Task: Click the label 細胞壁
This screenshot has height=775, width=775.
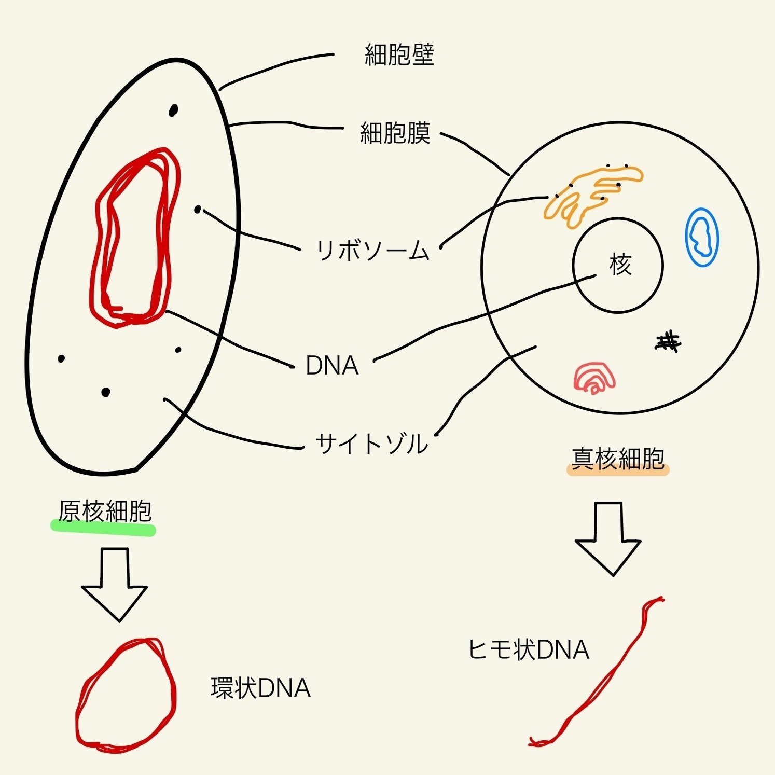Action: [x=399, y=54]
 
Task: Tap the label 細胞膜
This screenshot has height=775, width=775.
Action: [x=395, y=133]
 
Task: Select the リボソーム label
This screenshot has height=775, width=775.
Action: [x=373, y=251]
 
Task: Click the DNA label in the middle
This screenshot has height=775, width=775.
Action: [x=332, y=366]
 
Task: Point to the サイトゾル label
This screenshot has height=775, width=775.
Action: [x=371, y=444]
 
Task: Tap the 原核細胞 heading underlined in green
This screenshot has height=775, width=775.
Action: [x=105, y=511]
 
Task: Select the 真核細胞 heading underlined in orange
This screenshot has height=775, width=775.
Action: [x=618, y=458]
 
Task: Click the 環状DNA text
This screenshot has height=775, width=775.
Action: [x=260, y=688]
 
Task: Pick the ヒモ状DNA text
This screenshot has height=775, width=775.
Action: [x=528, y=649]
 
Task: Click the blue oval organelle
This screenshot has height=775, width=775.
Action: [x=702, y=237]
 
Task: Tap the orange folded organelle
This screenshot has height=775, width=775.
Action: [x=591, y=195]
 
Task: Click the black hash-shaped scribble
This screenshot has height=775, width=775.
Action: [x=668, y=342]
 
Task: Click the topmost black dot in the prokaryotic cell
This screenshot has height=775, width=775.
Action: [x=173, y=110]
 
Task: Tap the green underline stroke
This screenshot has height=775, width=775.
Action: [x=103, y=529]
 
